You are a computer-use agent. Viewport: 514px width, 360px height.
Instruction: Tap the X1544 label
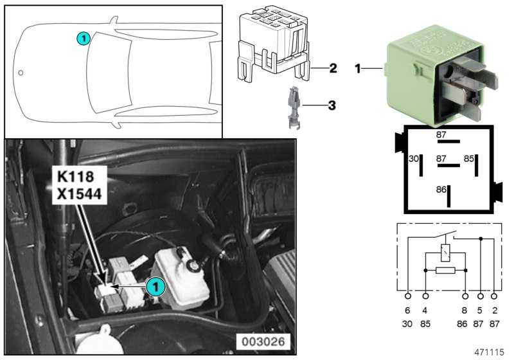pos(78,193)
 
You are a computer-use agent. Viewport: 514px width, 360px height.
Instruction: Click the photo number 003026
pos(262,341)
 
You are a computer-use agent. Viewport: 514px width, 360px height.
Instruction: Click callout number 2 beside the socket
pos(333,67)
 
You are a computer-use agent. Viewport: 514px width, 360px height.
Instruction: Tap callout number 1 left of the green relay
pos(358,67)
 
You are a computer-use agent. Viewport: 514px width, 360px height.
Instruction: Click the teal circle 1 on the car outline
pos(82,39)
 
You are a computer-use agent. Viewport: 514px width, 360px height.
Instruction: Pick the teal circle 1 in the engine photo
pos(154,287)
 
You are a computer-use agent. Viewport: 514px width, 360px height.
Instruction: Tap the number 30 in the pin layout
pos(414,158)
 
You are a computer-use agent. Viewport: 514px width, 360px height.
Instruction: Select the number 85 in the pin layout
pos(469,158)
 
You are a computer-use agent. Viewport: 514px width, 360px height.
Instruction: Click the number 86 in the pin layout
pos(441,190)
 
